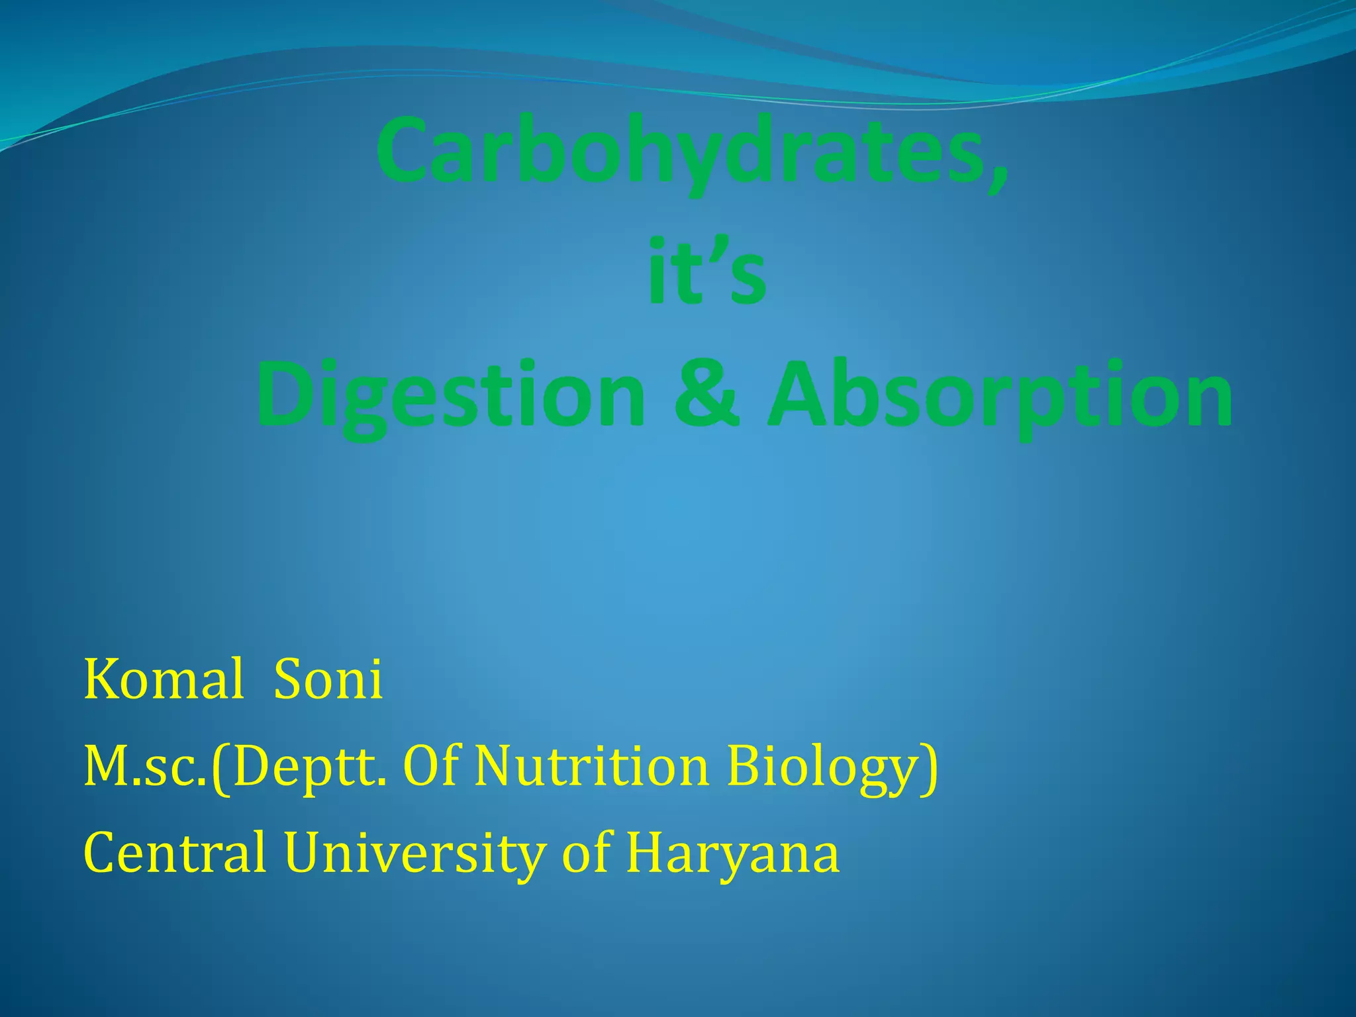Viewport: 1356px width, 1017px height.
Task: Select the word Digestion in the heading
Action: point(450,396)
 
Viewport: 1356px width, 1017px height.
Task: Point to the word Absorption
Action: point(1000,396)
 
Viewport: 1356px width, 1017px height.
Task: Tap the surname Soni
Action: point(328,680)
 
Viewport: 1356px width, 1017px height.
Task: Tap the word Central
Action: point(175,853)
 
